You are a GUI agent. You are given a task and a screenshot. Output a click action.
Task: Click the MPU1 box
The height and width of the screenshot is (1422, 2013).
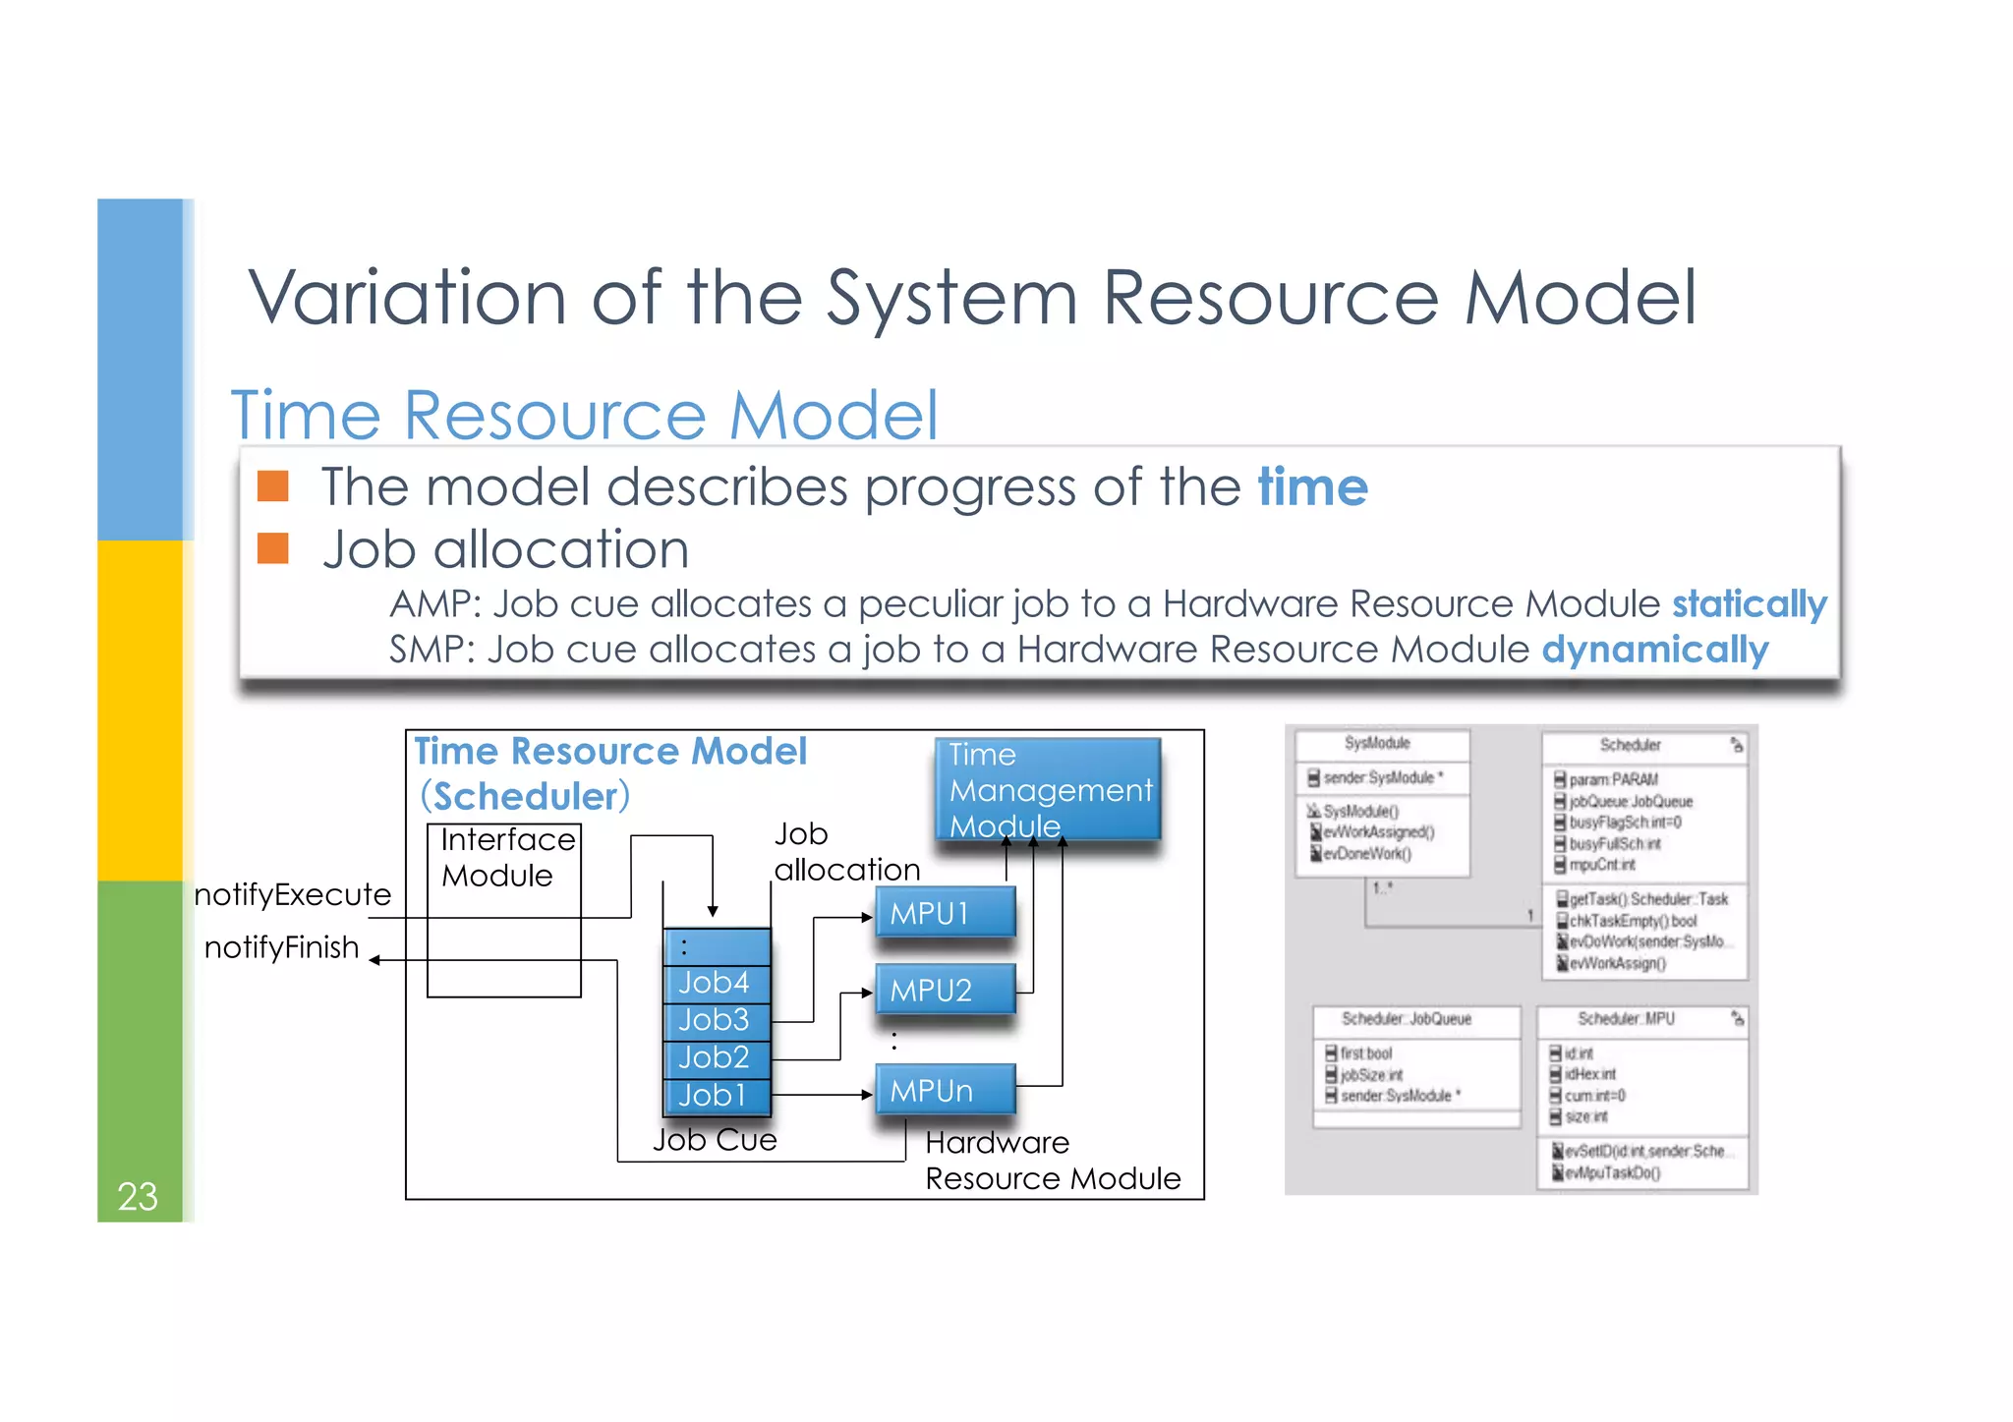click(945, 913)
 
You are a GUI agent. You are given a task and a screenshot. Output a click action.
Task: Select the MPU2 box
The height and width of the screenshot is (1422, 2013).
click(945, 990)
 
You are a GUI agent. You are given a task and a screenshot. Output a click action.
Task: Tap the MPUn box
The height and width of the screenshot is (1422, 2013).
click(945, 1090)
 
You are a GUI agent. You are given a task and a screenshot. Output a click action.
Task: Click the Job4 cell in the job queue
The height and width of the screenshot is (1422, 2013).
click(716, 983)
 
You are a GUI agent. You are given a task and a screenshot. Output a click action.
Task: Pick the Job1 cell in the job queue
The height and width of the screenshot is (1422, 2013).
click(716, 1095)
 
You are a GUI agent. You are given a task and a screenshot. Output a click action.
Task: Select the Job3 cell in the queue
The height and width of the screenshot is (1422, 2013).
click(716, 1020)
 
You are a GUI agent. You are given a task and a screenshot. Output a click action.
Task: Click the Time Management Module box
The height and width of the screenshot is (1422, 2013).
click(1048, 790)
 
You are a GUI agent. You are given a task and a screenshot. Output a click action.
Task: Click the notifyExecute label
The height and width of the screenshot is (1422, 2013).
click(293, 894)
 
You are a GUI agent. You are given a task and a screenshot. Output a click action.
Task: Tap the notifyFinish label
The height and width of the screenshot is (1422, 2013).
click(282, 947)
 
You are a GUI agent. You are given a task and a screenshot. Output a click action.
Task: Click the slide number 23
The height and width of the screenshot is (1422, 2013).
click(138, 1196)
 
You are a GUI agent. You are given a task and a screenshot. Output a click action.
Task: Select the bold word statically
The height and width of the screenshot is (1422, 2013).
click(1750, 603)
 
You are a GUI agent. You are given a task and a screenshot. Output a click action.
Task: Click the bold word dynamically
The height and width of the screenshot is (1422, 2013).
click(1655, 650)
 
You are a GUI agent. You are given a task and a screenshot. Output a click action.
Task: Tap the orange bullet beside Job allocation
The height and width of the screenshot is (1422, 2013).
click(273, 548)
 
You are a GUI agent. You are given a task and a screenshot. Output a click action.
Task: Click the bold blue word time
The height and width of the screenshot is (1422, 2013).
click(1312, 486)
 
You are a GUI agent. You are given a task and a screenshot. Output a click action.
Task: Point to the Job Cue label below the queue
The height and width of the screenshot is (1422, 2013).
click(715, 1140)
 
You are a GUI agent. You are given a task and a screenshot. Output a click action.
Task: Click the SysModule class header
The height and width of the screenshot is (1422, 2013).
click(1377, 744)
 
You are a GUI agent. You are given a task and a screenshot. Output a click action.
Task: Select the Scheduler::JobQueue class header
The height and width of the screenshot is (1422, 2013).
click(1407, 1019)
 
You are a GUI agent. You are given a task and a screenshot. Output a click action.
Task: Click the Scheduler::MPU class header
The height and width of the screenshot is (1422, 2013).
click(1627, 1019)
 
